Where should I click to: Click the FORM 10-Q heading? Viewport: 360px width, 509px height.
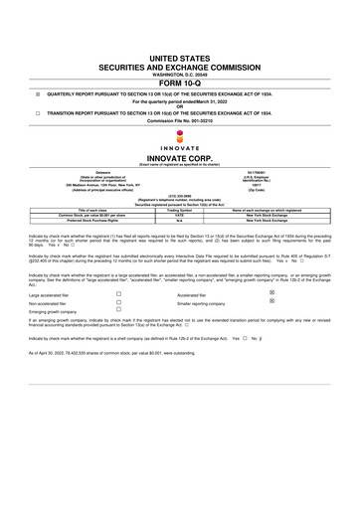click(x=179, y=83)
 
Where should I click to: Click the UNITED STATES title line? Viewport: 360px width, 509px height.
click(x=179, y=61)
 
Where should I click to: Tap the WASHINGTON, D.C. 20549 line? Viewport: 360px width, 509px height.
click(x=179, y=74)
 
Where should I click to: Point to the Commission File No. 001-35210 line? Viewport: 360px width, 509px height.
click(x=179, y=121)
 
